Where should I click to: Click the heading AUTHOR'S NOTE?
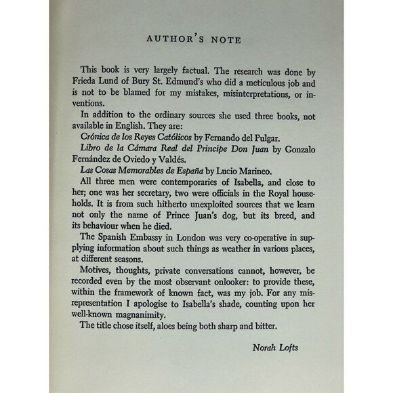pos(196,39)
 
